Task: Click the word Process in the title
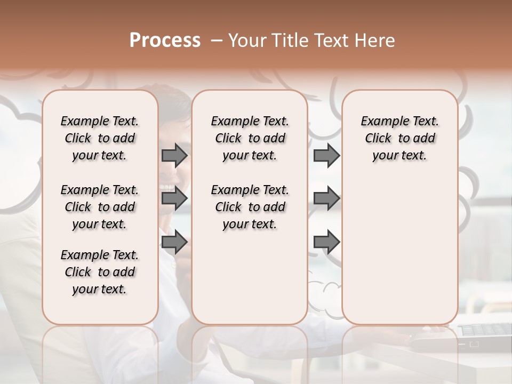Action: [x=165, y=41]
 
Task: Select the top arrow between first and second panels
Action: [x=174, y=155]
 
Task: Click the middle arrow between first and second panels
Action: [x=174, y=198]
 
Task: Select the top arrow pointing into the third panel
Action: [x=326, y=155]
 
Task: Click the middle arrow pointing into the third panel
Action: [x=326, y=198]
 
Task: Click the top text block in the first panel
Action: [x=100, y=138]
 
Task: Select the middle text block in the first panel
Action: [x=100, y=207]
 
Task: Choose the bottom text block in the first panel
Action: [x=100, y=272]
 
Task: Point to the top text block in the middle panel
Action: [x=250, y=138]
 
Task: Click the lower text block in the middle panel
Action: [x=250, y=207]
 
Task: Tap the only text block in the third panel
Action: [x=399, y=138]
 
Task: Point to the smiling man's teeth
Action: [x=167, y=188]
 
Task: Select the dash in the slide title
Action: [x=217, y=41]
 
